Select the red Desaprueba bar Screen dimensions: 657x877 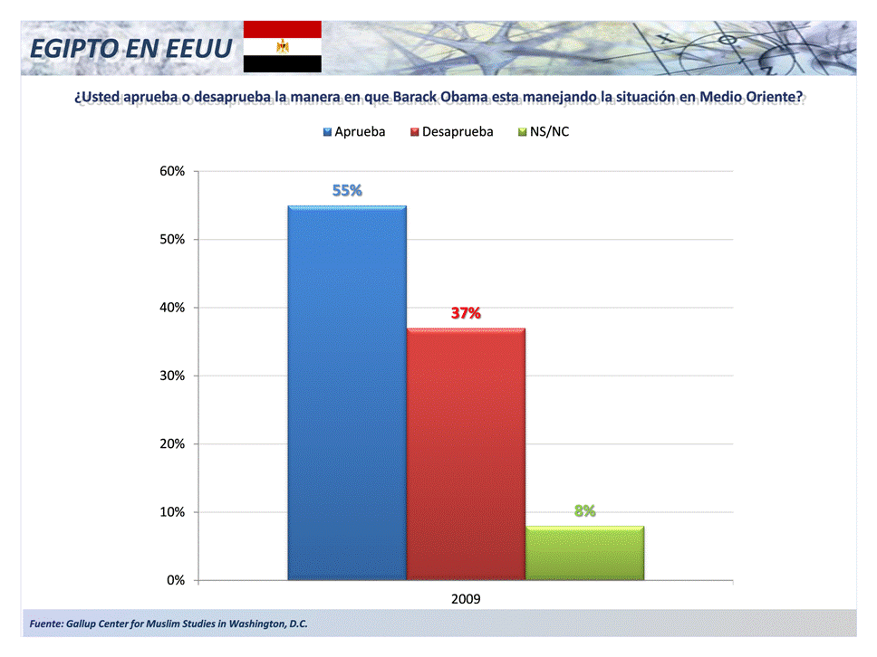click(466, 452)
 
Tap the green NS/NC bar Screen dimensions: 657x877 click(584, 552)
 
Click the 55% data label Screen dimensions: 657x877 click(347, 190)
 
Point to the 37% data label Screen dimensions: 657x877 click(466, 313)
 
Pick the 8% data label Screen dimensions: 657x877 click(584, 510)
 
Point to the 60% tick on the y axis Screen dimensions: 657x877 click(172, 171)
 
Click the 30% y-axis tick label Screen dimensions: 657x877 click(172, 376)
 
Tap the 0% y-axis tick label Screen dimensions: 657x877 click(176, 580)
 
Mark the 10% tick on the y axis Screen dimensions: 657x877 click(172, 512)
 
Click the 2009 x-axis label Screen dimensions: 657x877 click(466, 599)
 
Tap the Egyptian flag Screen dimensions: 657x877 click(282, 46)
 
